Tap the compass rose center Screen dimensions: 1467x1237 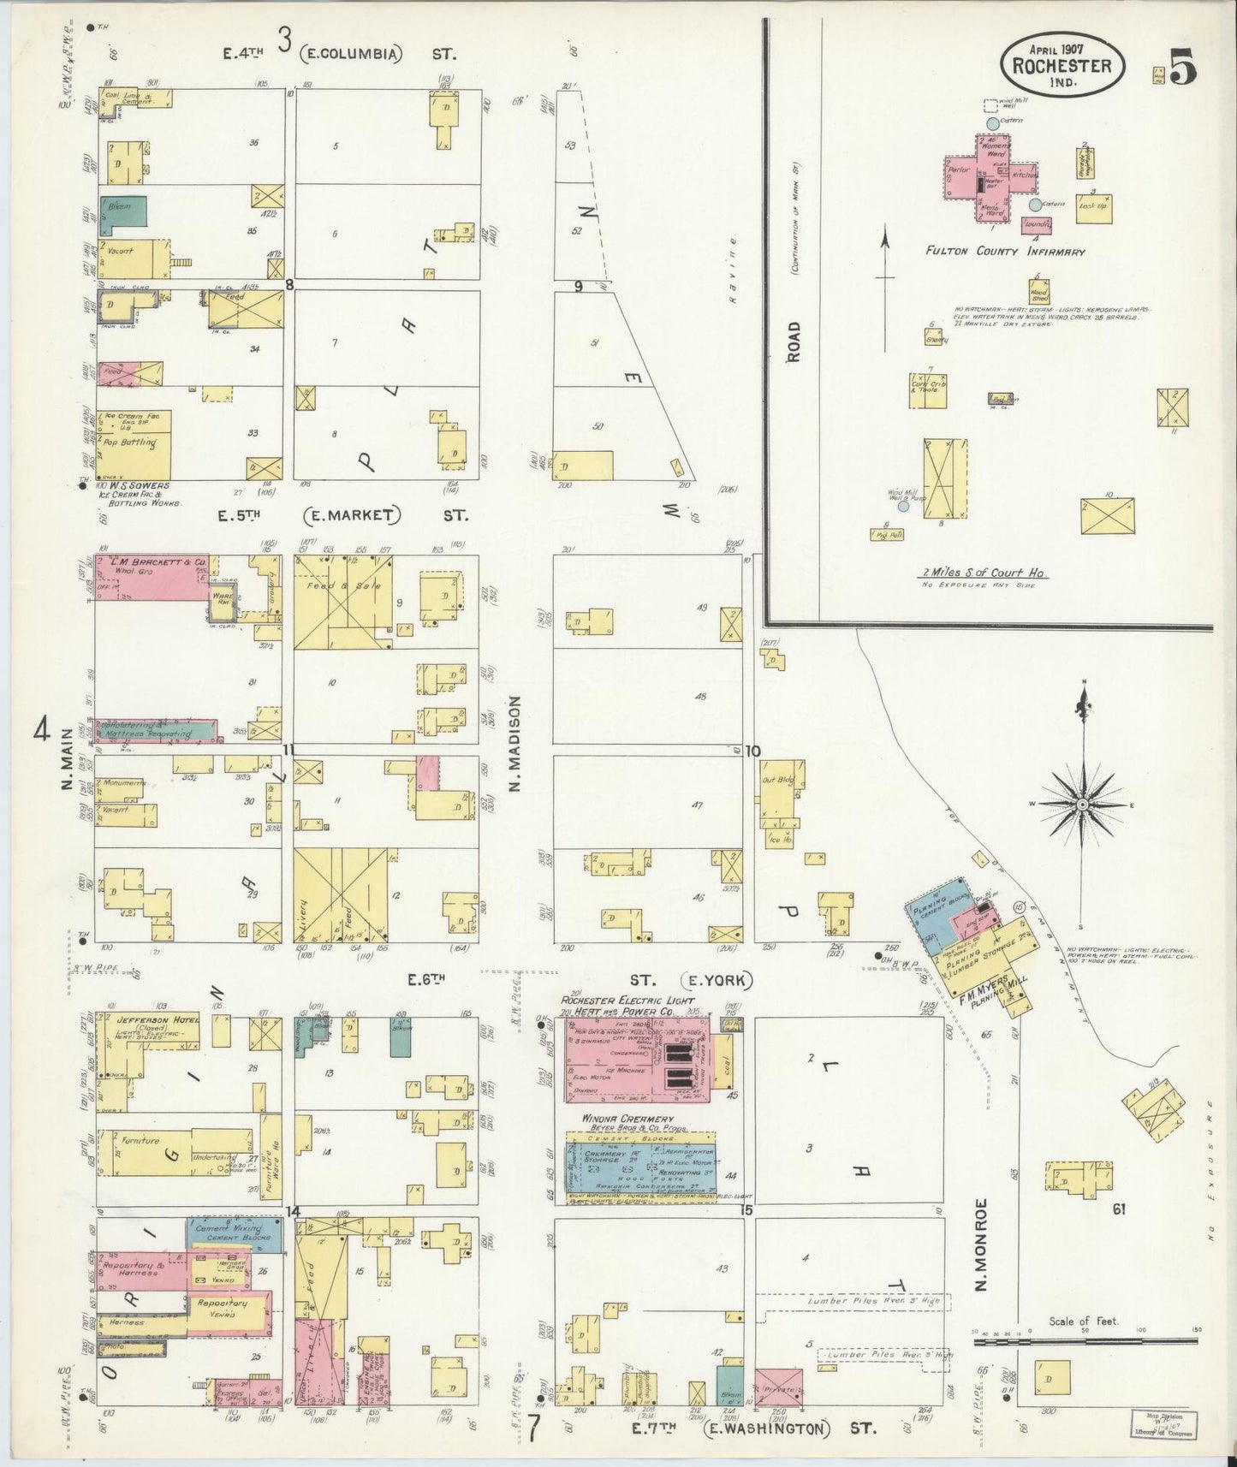pos(1082,805)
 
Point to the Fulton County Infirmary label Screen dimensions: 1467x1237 pos(1004,252)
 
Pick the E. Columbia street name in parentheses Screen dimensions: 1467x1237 pos(351,54)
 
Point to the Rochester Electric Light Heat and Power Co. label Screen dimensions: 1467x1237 pos(627,1006)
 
